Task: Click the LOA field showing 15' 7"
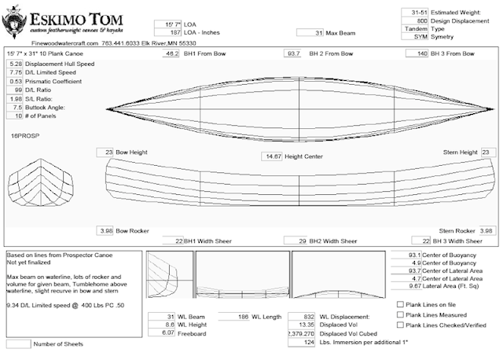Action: [167, 24]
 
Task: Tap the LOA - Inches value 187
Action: [167, 34]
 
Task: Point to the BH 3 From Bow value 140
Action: [421, 53]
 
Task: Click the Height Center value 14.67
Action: [272, 156]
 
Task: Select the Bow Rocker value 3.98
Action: [105, 231]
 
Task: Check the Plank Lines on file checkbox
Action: [401, 303]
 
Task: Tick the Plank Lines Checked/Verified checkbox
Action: [401, 324]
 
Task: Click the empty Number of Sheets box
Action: [18, 343]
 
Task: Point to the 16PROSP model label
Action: [24, 136]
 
